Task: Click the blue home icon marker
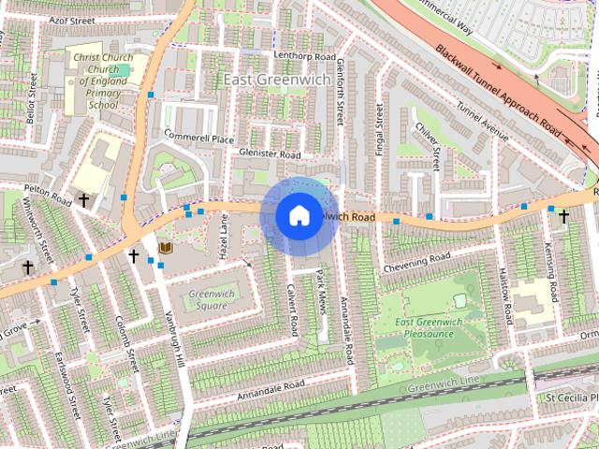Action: [x=298, y=215]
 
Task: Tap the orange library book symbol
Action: [x=166, y=248]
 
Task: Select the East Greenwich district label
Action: [x=278, y=80]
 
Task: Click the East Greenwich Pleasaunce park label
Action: [x=429, y=328]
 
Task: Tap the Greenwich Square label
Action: [x=207, y=299]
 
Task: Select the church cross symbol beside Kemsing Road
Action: [x=563, y=216]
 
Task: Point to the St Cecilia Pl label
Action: [x=571, y=398]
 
